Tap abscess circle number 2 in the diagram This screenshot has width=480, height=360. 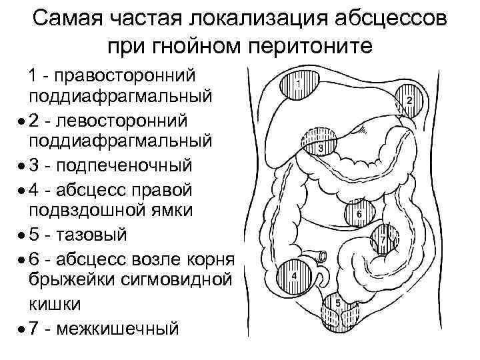pos(408,101)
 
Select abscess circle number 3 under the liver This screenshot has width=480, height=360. pos(321,142)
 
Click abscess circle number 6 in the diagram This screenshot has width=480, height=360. pos(357,213)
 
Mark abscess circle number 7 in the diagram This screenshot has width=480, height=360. pos(383,238)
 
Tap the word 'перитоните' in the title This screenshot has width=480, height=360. pos(303,47)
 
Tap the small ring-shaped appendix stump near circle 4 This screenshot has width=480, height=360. pos(323,255)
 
